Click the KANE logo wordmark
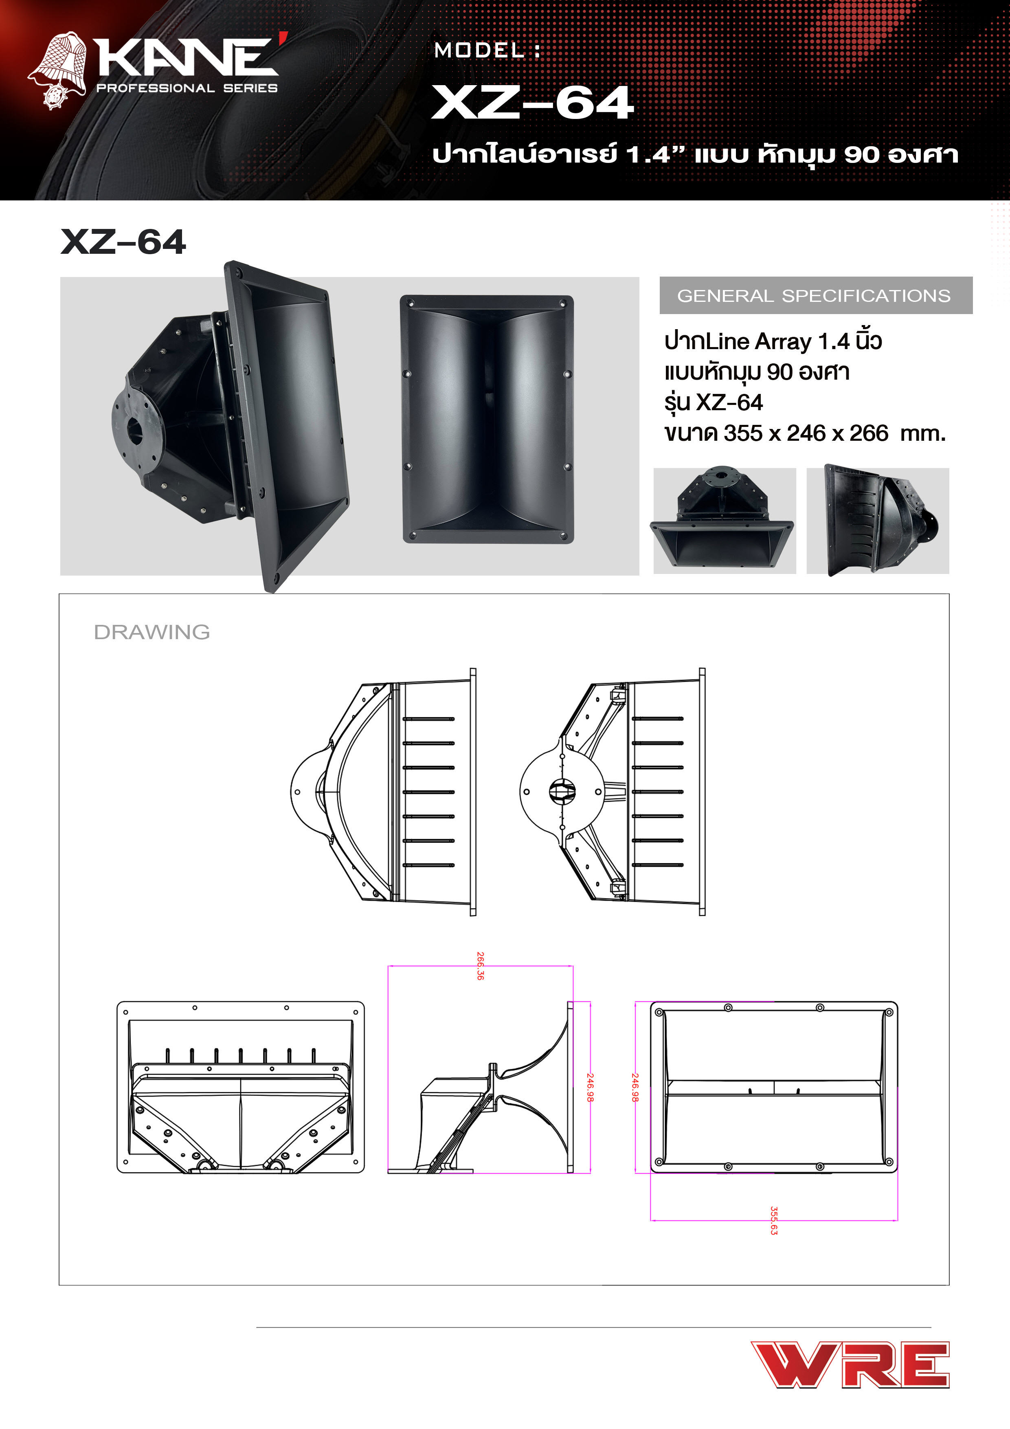click(x=187, y=57)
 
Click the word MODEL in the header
click(x=479, y=51)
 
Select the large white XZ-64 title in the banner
click(x=532, y=103)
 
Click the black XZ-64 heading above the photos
click(x=123, y=242)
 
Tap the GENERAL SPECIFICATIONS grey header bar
click(x=815, y=296)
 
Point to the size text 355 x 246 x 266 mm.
click(x=805, y=433)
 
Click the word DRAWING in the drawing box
click(x=152, y=632)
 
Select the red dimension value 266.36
click(x=480, y=966)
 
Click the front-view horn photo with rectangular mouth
click(x=487, y=419)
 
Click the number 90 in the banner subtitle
click(x=861, y=154)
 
